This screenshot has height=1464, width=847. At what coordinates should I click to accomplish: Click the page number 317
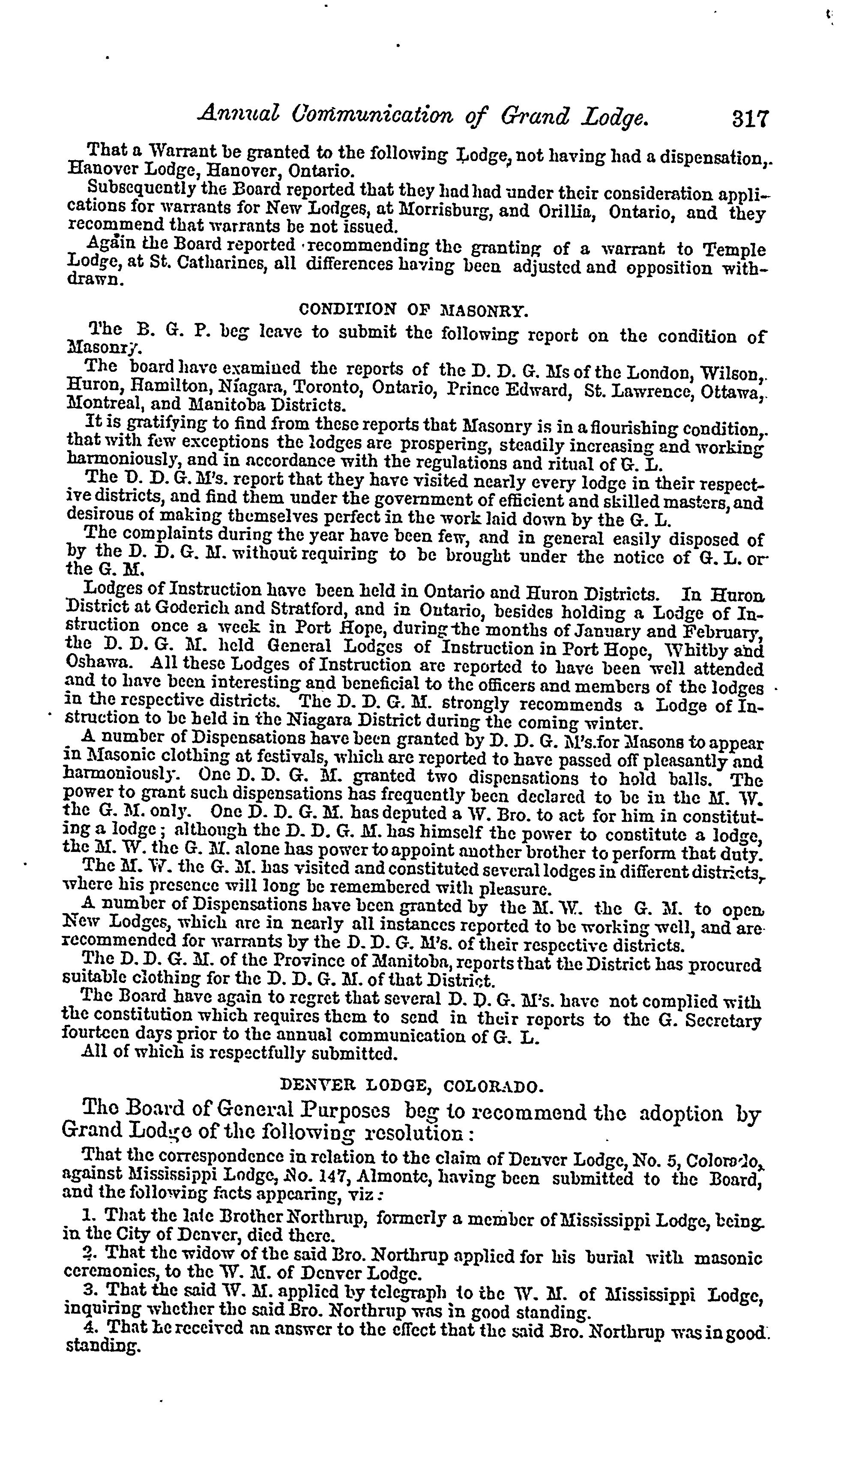click(751, 119)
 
